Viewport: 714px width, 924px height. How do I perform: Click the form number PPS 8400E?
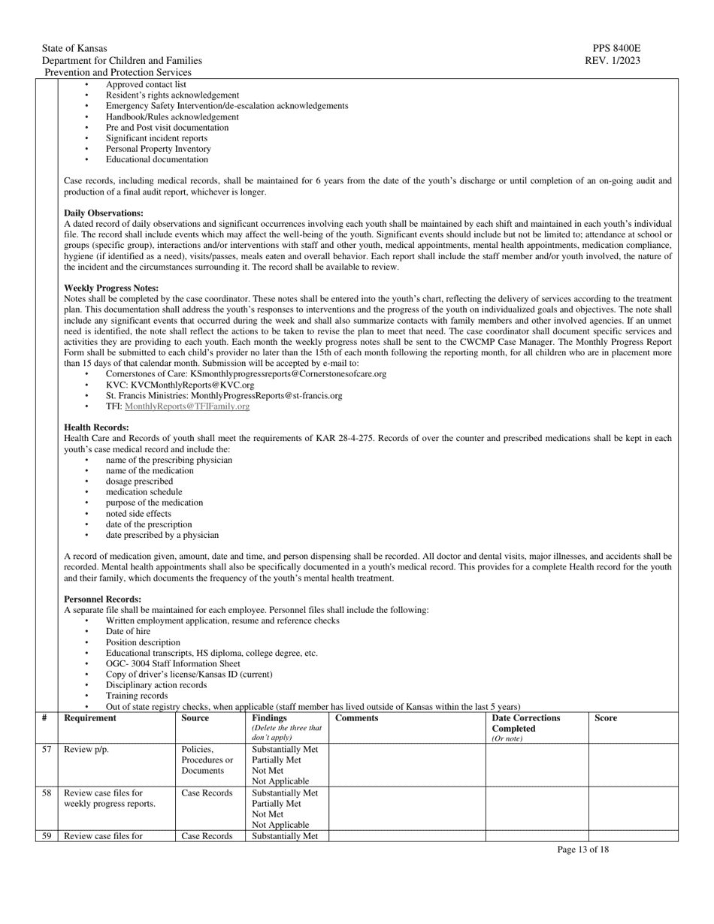pyautogui.click(x=616, y=48)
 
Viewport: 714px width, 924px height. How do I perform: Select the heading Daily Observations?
pyautogui.click(x=104, y=213)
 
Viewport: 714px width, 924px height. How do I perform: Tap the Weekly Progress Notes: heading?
pyautogui.click(x=111, y=288)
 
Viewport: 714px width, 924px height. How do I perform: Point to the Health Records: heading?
pyautogui.click(x=97, y=427)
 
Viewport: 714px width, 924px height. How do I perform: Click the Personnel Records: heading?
pyautogui.click(x=103, y=599)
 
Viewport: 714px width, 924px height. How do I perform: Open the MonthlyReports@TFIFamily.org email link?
pyautogui.click(x=187, y=406)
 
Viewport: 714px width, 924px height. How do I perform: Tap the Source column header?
pyautogui.click(x=195, y=718)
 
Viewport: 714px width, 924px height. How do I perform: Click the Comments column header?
pyautogui.click(x=357, y=718)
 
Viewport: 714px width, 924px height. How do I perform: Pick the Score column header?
pyautogui.click(x=606, y=718)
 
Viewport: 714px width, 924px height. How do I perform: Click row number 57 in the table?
pyautogui.click(x=47, y=750)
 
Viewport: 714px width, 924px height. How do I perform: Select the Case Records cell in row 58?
pyautogui.click(x=207, y=793)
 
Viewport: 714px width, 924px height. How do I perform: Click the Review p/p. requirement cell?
pyautogui.click(x=86, y=750)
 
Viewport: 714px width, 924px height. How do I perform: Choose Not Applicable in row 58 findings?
pyautogui.click(x=280, y=825)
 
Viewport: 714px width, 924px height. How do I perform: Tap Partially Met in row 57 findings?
pyautogui.click(x=277, y=760)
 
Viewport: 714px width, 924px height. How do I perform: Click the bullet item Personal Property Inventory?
pyautogui.click(x=158, y=149)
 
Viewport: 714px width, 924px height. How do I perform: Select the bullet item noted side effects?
pyautogui.click(x=138, y=514)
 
